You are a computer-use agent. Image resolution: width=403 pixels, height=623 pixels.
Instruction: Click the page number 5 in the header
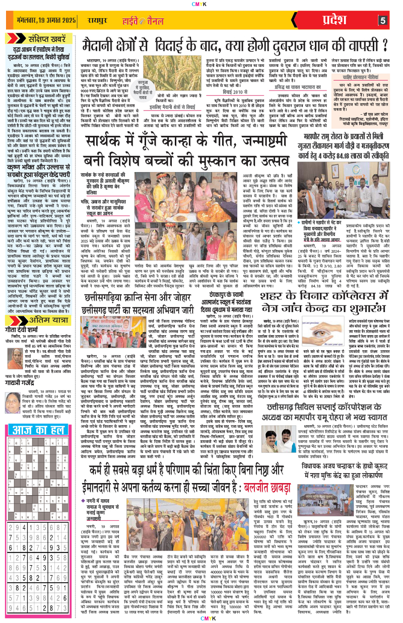[x=383, y=21]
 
